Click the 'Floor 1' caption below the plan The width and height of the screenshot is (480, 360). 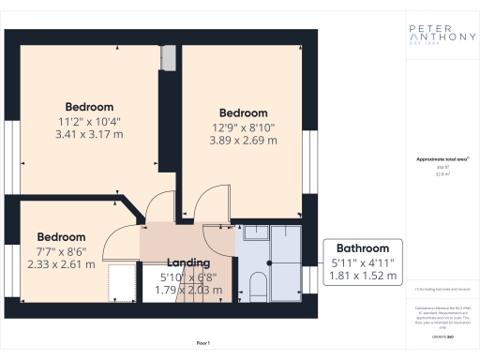203,344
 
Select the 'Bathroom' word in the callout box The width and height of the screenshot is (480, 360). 362,248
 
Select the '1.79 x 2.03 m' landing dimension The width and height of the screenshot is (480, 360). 188,290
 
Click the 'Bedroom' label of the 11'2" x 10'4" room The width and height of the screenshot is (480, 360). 89,107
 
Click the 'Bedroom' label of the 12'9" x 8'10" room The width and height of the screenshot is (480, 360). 243,112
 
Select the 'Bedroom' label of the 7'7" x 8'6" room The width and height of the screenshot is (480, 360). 61,237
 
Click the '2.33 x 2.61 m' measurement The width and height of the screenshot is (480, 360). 61,264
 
